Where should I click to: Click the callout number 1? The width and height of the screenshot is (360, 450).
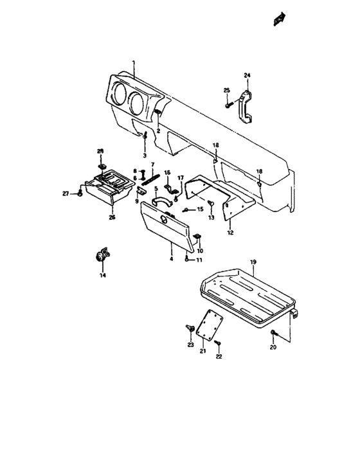tap(133, 64)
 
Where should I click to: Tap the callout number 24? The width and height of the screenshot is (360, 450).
tap(246, 76)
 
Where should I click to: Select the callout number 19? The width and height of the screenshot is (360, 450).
tap(253, 262)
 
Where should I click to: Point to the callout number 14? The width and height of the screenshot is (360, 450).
tap(101, 274)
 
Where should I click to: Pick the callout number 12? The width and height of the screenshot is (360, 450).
tap(230, 232)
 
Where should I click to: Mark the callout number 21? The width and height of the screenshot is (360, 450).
tap(202, 351)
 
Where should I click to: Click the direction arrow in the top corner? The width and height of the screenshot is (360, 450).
tap(279, 21)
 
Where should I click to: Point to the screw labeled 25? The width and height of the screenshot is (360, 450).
tap(228, 104)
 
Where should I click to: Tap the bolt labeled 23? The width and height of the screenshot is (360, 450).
tap(190, 329)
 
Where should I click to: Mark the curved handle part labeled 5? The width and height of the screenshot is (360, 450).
tap(163, 200)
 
